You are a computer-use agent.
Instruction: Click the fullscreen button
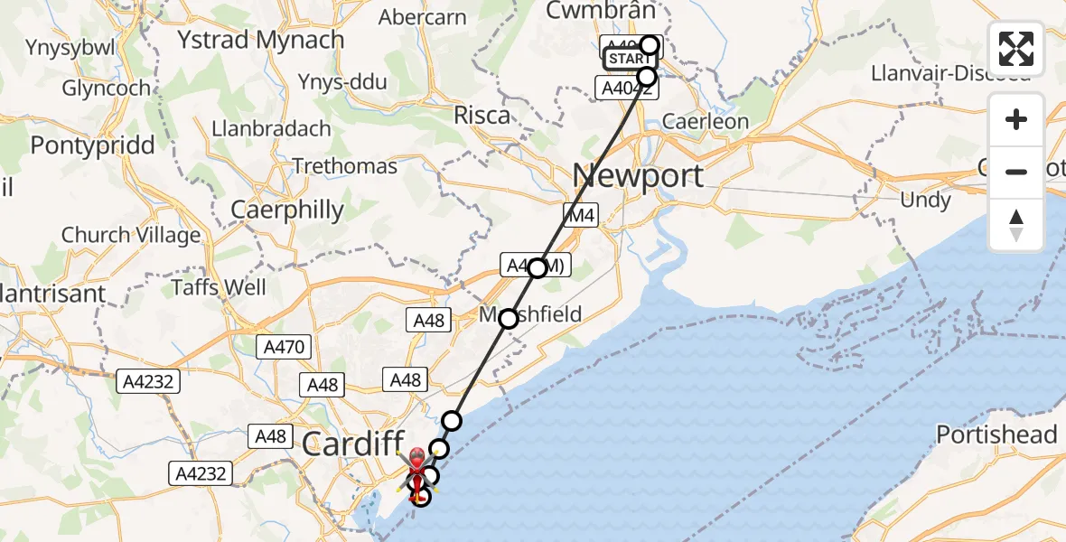pyautogui.click(x=1016, y=49)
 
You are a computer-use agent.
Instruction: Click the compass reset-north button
pyautogui.click(x=1016, y=225)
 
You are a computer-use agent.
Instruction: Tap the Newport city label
pyautogui.click(x=638, y=175)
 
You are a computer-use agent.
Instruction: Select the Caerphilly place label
pyautogui.click(x=287, y=210)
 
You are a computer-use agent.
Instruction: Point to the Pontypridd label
pyautogui.click(x=92, y=145)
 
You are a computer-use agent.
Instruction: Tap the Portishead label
pyautogui.click(x=996, y=435)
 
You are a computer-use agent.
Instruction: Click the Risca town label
pyautogui.click(x=482, y=116)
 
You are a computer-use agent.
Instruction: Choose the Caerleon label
pyautogui.click(x=706, y=122)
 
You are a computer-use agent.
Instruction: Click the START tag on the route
pyautogui.click(x=627, y=60)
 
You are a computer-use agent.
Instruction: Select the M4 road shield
pyautogui.click(x=580, y=214)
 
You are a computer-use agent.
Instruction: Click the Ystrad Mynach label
pyautogui.click(x=261, y=41)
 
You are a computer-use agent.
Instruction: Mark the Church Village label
pyautogui.click(x=131, y=236)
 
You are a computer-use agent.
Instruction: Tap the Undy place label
pyautogui.click(x=925, y=200)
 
